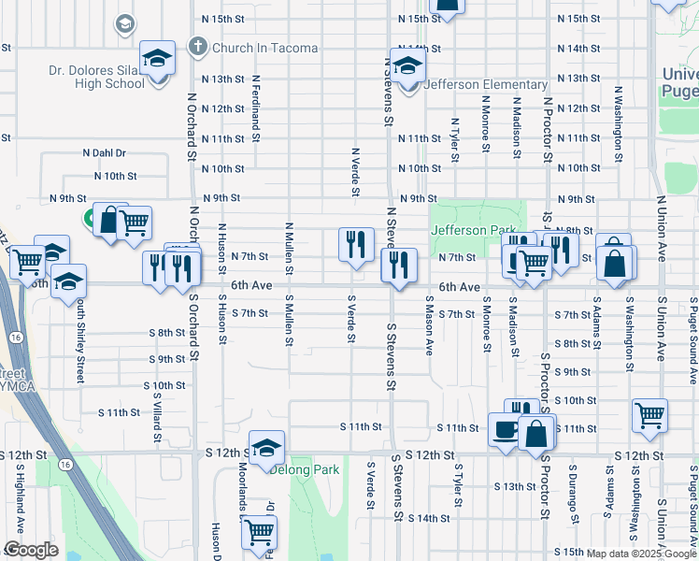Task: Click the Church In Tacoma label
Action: point(265,48)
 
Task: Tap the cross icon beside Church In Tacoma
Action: point(197,47)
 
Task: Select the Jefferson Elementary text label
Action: point(486,84)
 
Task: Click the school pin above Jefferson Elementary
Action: point(407,67)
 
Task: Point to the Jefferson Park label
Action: point(472,230)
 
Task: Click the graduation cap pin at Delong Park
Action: point(266,448)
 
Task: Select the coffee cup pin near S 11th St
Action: point(506,431)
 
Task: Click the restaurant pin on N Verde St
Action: point(355,246)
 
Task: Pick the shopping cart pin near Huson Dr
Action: point(259,532)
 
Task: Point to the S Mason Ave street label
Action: point(429,326)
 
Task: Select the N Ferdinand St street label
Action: point(254,104)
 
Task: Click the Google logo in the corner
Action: point(31,550)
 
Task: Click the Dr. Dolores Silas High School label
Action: point(96,76)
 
